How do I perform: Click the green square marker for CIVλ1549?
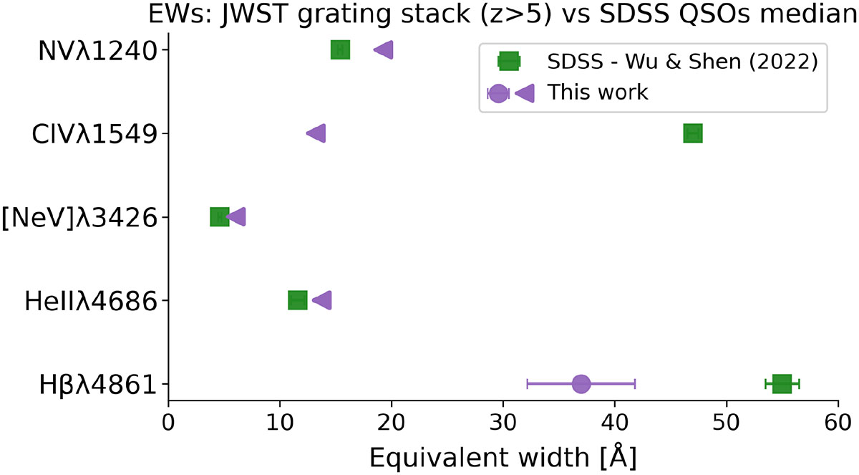coord(692,133)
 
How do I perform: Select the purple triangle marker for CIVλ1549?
coord(316,133)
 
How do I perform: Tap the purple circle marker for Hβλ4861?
coord(581,384)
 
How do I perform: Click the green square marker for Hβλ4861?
coord(782,384)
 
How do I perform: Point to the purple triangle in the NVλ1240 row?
coord(384,49)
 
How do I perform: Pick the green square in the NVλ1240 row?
coord(340,49)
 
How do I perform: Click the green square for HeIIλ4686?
coord(298,300)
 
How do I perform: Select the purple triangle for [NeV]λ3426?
coord(236,217)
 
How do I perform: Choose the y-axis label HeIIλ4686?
coord(90,301)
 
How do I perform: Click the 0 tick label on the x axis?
coord(168,423)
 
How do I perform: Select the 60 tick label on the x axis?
coord(838,423)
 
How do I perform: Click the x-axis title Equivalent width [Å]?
coord(503,455)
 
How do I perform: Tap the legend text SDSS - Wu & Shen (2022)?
coord(682,62)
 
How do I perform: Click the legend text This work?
coord(598,92)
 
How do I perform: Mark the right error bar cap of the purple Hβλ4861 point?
coord(635,384)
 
